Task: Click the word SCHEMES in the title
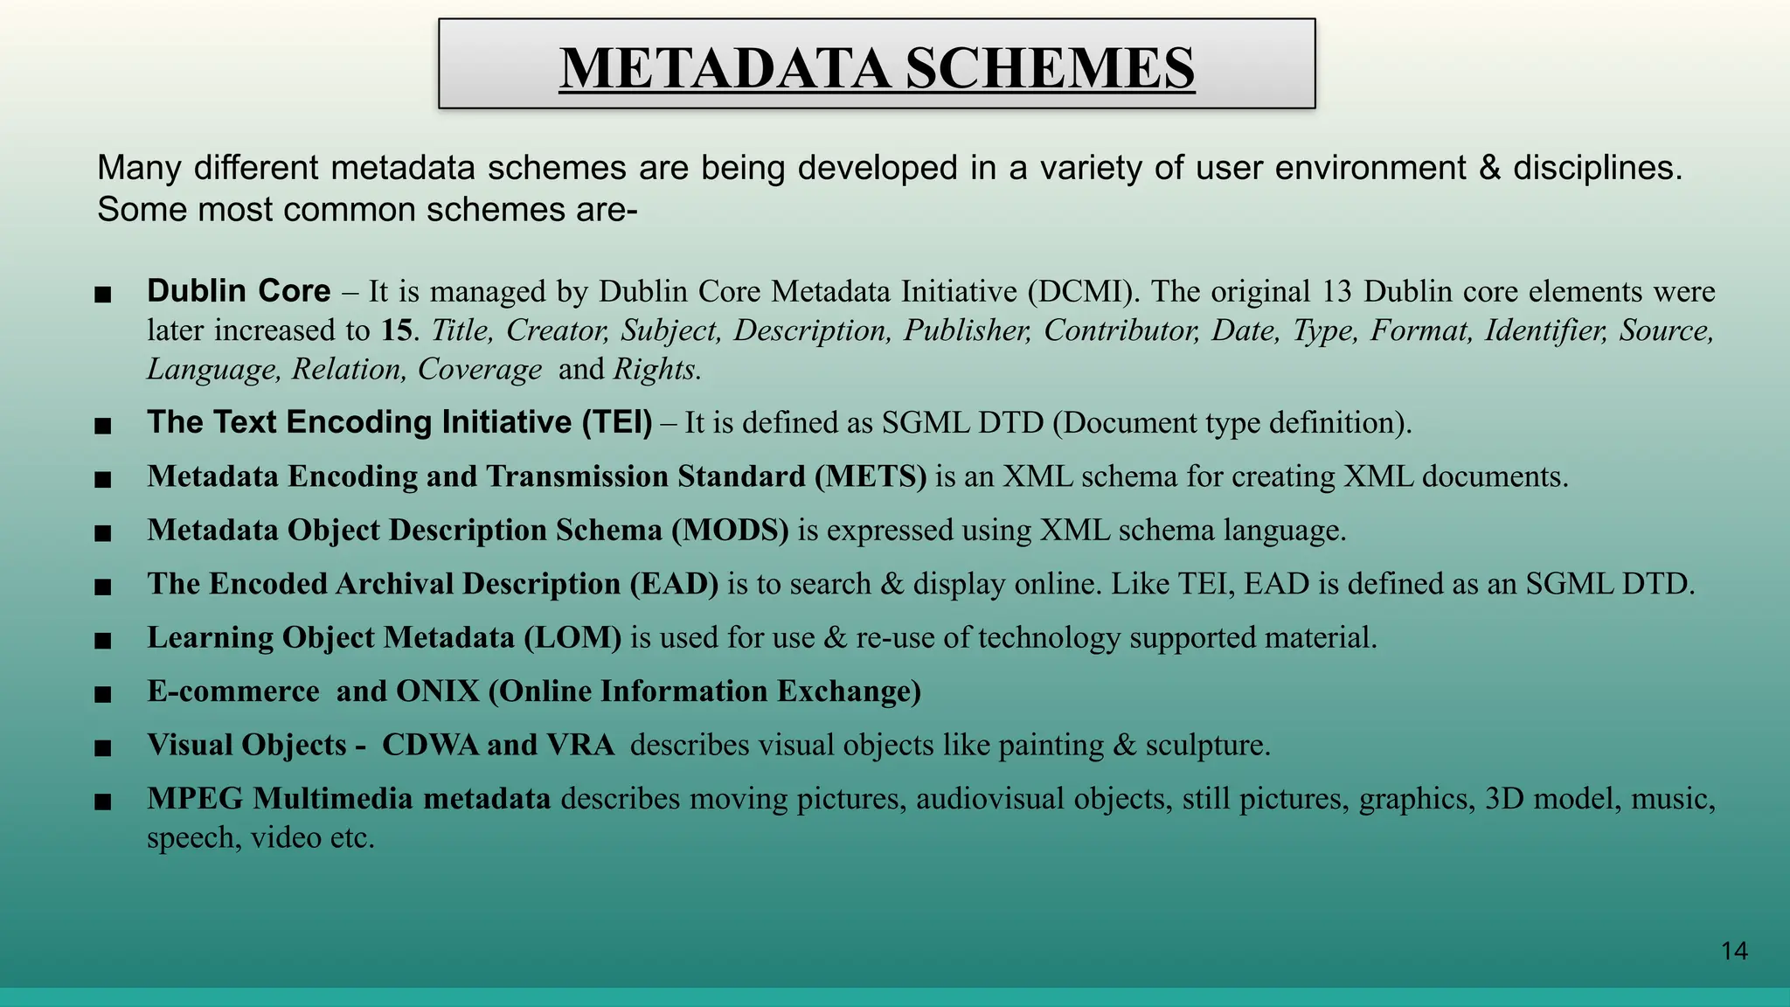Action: pyautogui.click(x=1050, y=68)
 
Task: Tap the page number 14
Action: pyautogui.click(x=1734, y=951)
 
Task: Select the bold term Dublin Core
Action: pyautogui.click(x=239, y=291)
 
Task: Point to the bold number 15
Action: pyautogui.click(x=396, y=330)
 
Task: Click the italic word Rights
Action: pyautogui.click(x=656, y=370)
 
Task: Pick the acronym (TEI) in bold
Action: pyautogui.click(x=617, y=422)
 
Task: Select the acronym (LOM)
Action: pyautogui.click(x=572, y=638)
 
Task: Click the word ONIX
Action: pyautogui.click(x=438, y=691)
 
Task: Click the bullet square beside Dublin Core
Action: pyautogui.click(x=103, y=295)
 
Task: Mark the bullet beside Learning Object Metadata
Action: pyautogui.click(x=103, y=641)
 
